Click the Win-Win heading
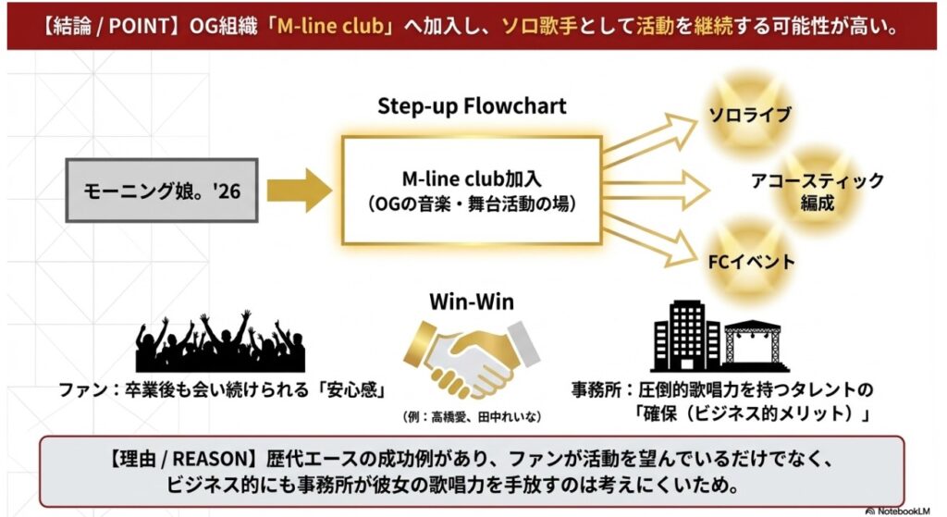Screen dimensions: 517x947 tap(472, 302)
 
